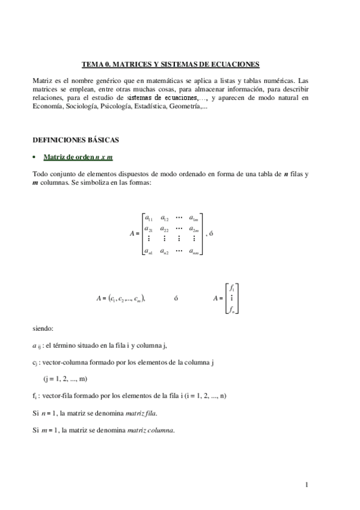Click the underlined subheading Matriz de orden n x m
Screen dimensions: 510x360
pos(79,158)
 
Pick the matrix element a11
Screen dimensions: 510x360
pos(148,218)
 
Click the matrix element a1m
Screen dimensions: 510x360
pos(194,218)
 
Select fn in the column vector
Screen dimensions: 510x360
pos(231,309)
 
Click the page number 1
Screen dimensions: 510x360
pos(307,485)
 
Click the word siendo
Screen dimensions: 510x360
pos(43,329)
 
